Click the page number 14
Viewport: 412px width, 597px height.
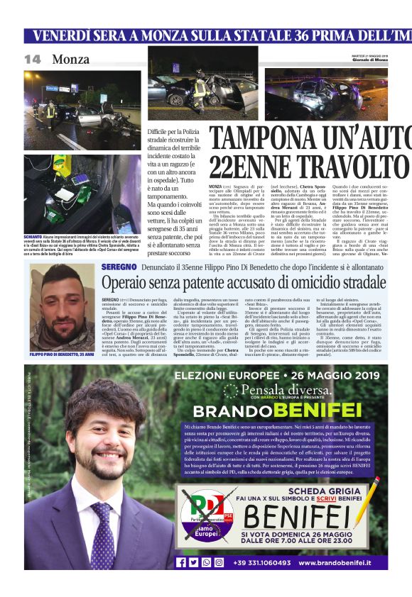(33, 60)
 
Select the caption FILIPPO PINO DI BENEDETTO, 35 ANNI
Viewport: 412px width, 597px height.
(62, 353)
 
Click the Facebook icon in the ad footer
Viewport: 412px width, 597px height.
(180, 562)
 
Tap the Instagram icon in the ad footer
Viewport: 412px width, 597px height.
(207, 562)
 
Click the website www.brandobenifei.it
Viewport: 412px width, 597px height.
(344, 563)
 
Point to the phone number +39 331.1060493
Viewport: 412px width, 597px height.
(261, 563)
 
